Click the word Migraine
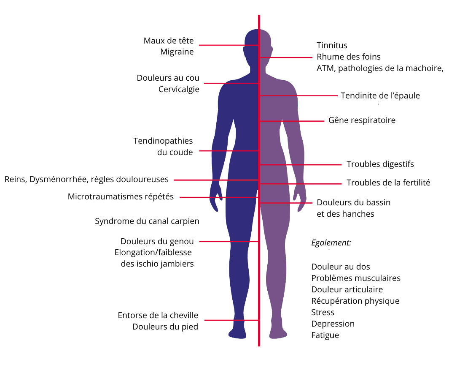coord(177,52)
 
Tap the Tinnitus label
coord(332,45)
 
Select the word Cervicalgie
coord(179,89)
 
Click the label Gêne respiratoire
coord(362,120)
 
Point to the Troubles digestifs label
coord(380,164)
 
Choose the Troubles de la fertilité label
coord(388,182)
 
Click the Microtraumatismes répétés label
coord(121,196)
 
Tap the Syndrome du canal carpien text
coord(147,221)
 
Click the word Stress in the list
coord(323,312)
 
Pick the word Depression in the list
coord(333,324)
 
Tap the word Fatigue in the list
coord(325,335)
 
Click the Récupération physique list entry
coord(355,301)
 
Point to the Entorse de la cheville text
coord(158,315)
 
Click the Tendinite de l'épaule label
coord(380,95)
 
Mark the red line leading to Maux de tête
coord(229,45)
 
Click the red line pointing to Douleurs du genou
coord(229,241)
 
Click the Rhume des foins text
coord(349,57)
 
